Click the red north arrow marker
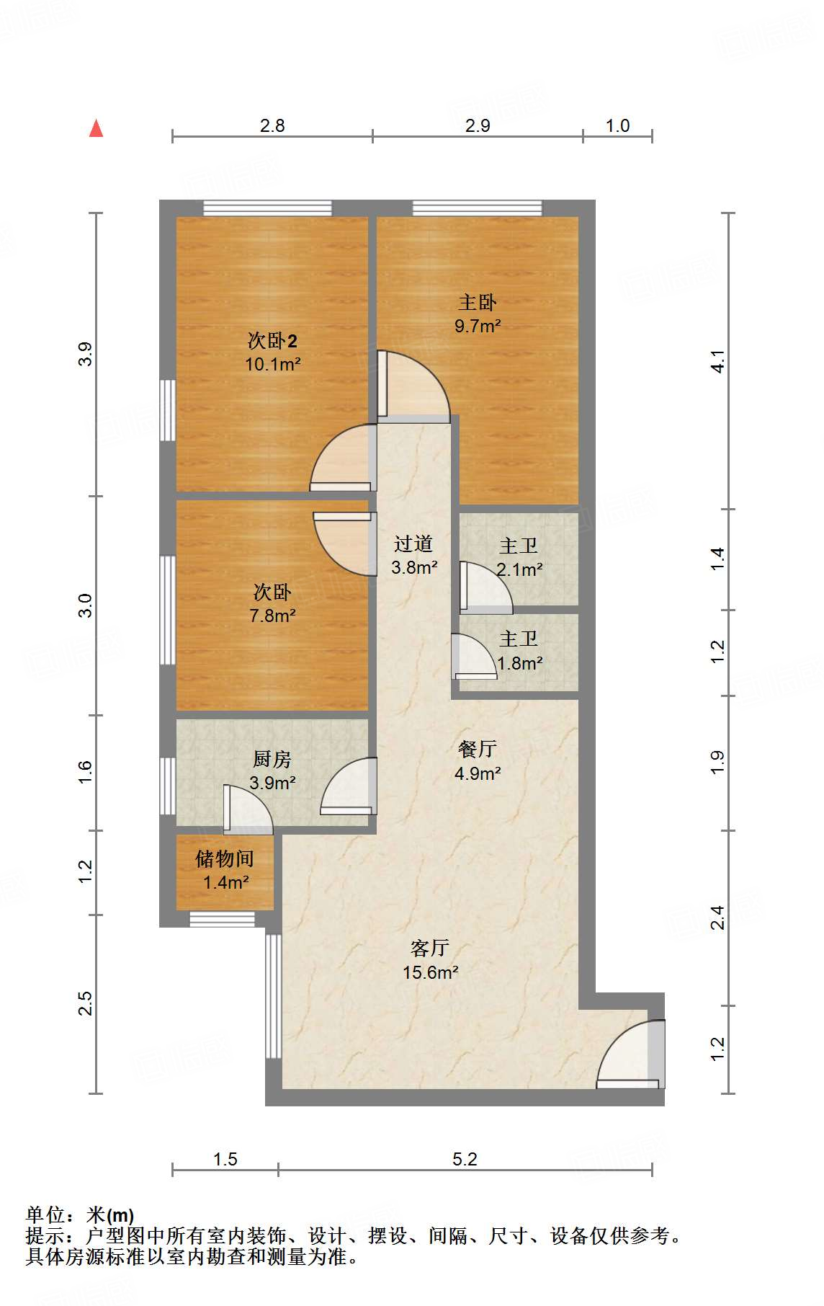tap(96, 128)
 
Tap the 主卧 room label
tap(477, 303)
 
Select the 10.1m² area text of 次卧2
tap(272, 364)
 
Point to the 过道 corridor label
tap(413, 543)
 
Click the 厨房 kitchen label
tap(272, 759)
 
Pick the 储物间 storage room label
tap(225, 858)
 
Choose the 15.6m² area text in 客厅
tap(430, 972)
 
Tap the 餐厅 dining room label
tap(477, 749)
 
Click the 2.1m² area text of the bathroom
tap(519, 569)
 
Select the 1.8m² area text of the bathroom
tap(519, 662)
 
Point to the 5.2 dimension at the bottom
tap(465, 1159)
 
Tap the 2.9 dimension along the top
tap(477, 126)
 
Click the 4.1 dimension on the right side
tap(717, 361)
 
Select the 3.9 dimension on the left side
tap(86, 354)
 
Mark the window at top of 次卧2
tap(267, 208)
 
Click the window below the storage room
tap(222, 919)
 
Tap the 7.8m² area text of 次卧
tap(272, 616)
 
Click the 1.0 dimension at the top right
tap(617, 126)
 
